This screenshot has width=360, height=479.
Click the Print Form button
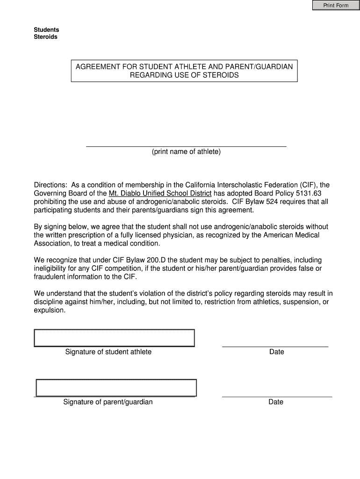tap(336, 5)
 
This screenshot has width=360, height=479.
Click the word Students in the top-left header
tap(46, 29)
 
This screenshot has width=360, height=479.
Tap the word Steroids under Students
tap(46, 37)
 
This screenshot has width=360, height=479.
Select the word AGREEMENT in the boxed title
tap(97, 67)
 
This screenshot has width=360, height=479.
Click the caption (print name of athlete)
tap(186, 152)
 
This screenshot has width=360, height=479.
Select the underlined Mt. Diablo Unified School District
tap(160, 194)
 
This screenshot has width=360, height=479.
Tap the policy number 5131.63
tap(309, 194)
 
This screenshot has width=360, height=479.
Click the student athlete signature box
tap(114, 338)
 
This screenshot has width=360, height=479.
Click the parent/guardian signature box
tap(116, 388)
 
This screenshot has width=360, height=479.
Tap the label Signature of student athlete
tap(108, 352)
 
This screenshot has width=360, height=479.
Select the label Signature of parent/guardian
tap(108, 402)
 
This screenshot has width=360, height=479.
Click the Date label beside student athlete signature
tap(277, 352)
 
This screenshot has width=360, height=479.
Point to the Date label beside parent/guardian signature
tap(276, 402)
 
